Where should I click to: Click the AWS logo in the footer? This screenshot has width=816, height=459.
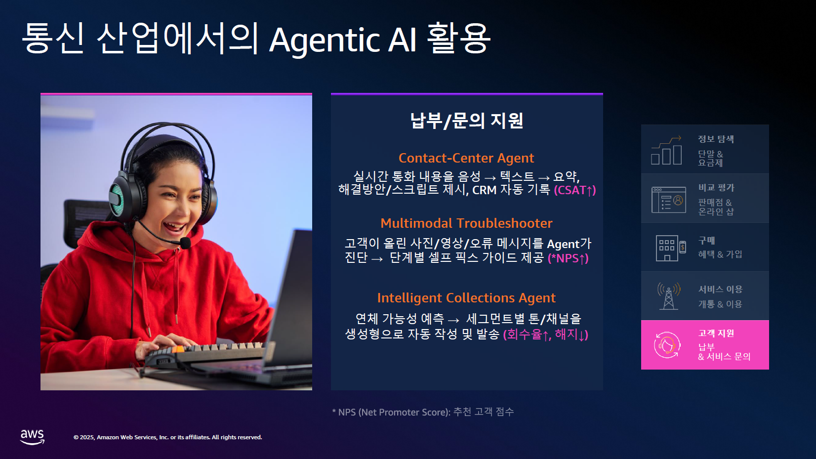pos(33,437)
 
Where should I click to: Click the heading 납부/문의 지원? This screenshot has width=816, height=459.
pos(467,121)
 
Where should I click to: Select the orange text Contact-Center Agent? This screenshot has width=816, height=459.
pos(466,158)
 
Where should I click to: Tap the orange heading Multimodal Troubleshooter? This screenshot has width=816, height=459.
pos(466,223)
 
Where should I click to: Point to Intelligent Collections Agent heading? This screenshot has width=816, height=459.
pos(466,298)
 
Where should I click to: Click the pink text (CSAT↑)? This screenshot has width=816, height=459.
pos(575,190)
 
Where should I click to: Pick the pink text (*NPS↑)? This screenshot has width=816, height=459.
pos(568,258)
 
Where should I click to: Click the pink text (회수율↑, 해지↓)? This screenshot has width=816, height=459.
pos(546,334)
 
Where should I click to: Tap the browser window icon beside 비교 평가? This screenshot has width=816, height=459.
pos(669,200)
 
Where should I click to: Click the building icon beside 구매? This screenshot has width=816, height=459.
pos(671,248)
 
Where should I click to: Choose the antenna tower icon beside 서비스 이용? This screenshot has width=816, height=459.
pos(669,296)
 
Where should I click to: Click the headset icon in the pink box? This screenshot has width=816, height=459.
pos(667,345)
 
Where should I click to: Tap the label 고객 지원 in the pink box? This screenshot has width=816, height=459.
pos(716,334)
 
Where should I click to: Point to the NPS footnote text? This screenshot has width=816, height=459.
pos(423,412)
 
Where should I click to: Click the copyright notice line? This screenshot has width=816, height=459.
pos(168,437)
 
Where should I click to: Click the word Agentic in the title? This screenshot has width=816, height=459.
pos(325,41)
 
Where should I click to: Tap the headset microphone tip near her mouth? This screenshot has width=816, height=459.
pos(185,243)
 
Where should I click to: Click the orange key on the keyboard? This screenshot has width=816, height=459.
pos(178,349)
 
